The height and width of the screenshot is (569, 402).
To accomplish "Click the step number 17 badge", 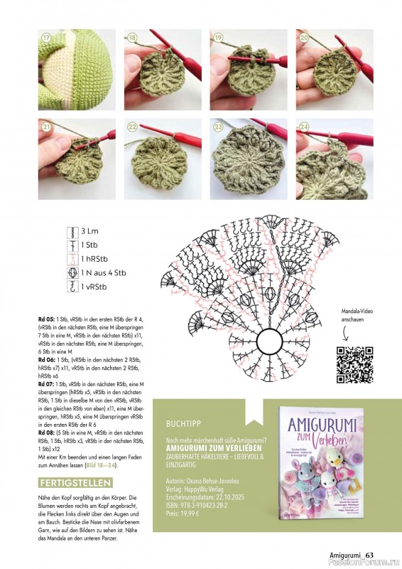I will tap(48, 38).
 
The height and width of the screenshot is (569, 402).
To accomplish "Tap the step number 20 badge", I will tap(304, 38).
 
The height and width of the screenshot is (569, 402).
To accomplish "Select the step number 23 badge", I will tap(218, 127).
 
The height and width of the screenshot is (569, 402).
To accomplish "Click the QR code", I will tap(354, 365).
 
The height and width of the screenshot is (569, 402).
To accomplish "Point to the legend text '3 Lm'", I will tap(89, 232).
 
